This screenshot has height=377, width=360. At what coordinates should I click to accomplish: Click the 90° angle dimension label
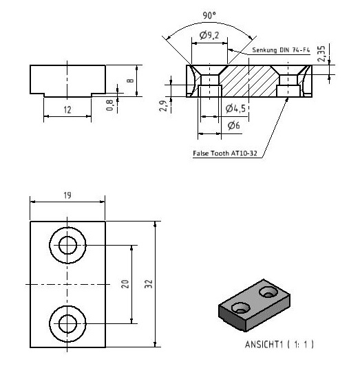coord(209,16)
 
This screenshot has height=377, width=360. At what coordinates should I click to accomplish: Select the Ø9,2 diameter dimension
coord(209,35)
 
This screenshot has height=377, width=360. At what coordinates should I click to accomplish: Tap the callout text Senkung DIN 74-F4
coord(281,50)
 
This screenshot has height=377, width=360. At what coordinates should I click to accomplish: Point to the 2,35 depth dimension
coord(321,54)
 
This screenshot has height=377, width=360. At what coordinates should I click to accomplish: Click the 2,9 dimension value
coord(163,106)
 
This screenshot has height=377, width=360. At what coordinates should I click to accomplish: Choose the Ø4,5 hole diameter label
coord(235,109)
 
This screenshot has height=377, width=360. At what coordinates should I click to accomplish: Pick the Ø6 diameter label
coord(233,125)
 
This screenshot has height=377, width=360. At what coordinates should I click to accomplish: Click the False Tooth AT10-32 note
coord(225,153)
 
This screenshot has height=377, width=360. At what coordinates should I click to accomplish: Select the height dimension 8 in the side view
coord(130,80)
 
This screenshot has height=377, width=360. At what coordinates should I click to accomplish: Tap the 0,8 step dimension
coord(109,105)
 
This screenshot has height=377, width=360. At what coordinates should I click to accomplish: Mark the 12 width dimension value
coord(67,110)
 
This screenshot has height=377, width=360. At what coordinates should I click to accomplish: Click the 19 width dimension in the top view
coord(67,195)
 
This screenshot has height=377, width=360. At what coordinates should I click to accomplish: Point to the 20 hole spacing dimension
coord(125,284)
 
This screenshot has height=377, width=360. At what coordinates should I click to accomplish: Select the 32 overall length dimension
coord(149,284)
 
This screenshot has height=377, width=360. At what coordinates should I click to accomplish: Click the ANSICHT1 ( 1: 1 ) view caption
coord(279,344)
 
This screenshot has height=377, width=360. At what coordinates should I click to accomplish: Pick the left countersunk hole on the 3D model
coord(240,308)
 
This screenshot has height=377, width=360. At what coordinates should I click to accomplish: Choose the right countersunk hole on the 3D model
coord(268,292)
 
